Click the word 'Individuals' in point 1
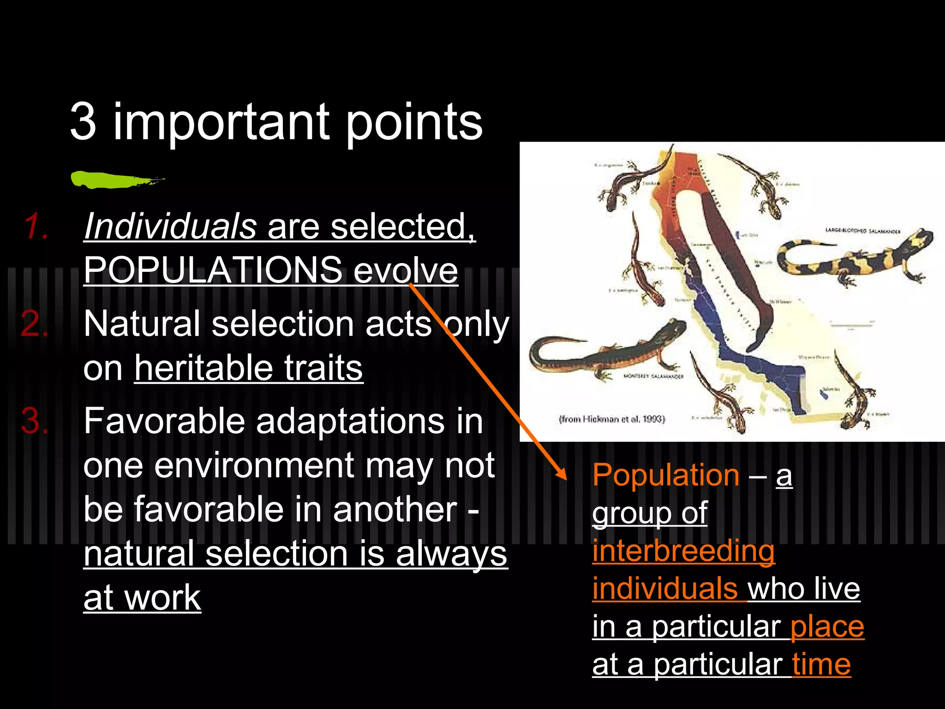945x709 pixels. pyautogui.click(x=170, y=226)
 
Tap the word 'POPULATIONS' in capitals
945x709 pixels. pyautogui.click(x=213, y=270)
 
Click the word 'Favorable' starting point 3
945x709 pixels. pyautogui.click(x=164, y=421)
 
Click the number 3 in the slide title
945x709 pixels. pyautogui.click(x=83, y=122)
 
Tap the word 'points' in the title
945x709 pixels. pyautogui.click(x=413, y=122)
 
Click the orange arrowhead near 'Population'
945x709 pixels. pyautogui.click(x=561, y=474)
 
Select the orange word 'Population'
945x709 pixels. pyautogui.click(x=666, y=475)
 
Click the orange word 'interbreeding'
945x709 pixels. pyautogui.click(x=683, y=551)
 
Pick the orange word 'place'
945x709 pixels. pyautogui.click(x=827, y=626)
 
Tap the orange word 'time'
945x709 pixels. pyautogui.click(x=821, y=664)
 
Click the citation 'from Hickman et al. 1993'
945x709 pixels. pyautogui.click(x=612, y=419)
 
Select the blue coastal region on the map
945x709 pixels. pyautogui.click(x=757, y=365)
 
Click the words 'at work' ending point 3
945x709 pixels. pyautogui.click(x=142, y=598)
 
